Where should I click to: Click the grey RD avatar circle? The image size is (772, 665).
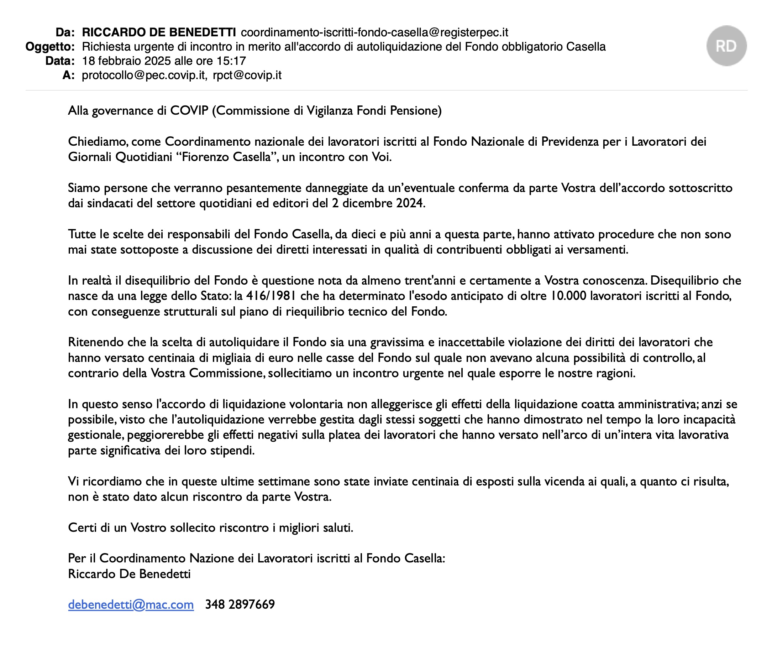[x=726, y=46]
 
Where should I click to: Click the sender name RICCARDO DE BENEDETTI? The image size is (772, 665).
[x=159, y=33]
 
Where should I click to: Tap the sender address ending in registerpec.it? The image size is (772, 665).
[x=374, y=33]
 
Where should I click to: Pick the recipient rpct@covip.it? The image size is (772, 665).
[x=247, y=75]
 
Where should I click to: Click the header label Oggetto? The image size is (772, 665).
[x=50, y=47]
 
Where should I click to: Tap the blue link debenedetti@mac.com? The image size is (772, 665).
[x=131, y=604]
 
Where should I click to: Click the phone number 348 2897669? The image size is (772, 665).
[x=240, y=604]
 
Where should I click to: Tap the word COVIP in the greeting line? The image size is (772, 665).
[x=189, y=111]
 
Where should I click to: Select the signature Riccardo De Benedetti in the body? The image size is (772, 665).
[x=129, y=574]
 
